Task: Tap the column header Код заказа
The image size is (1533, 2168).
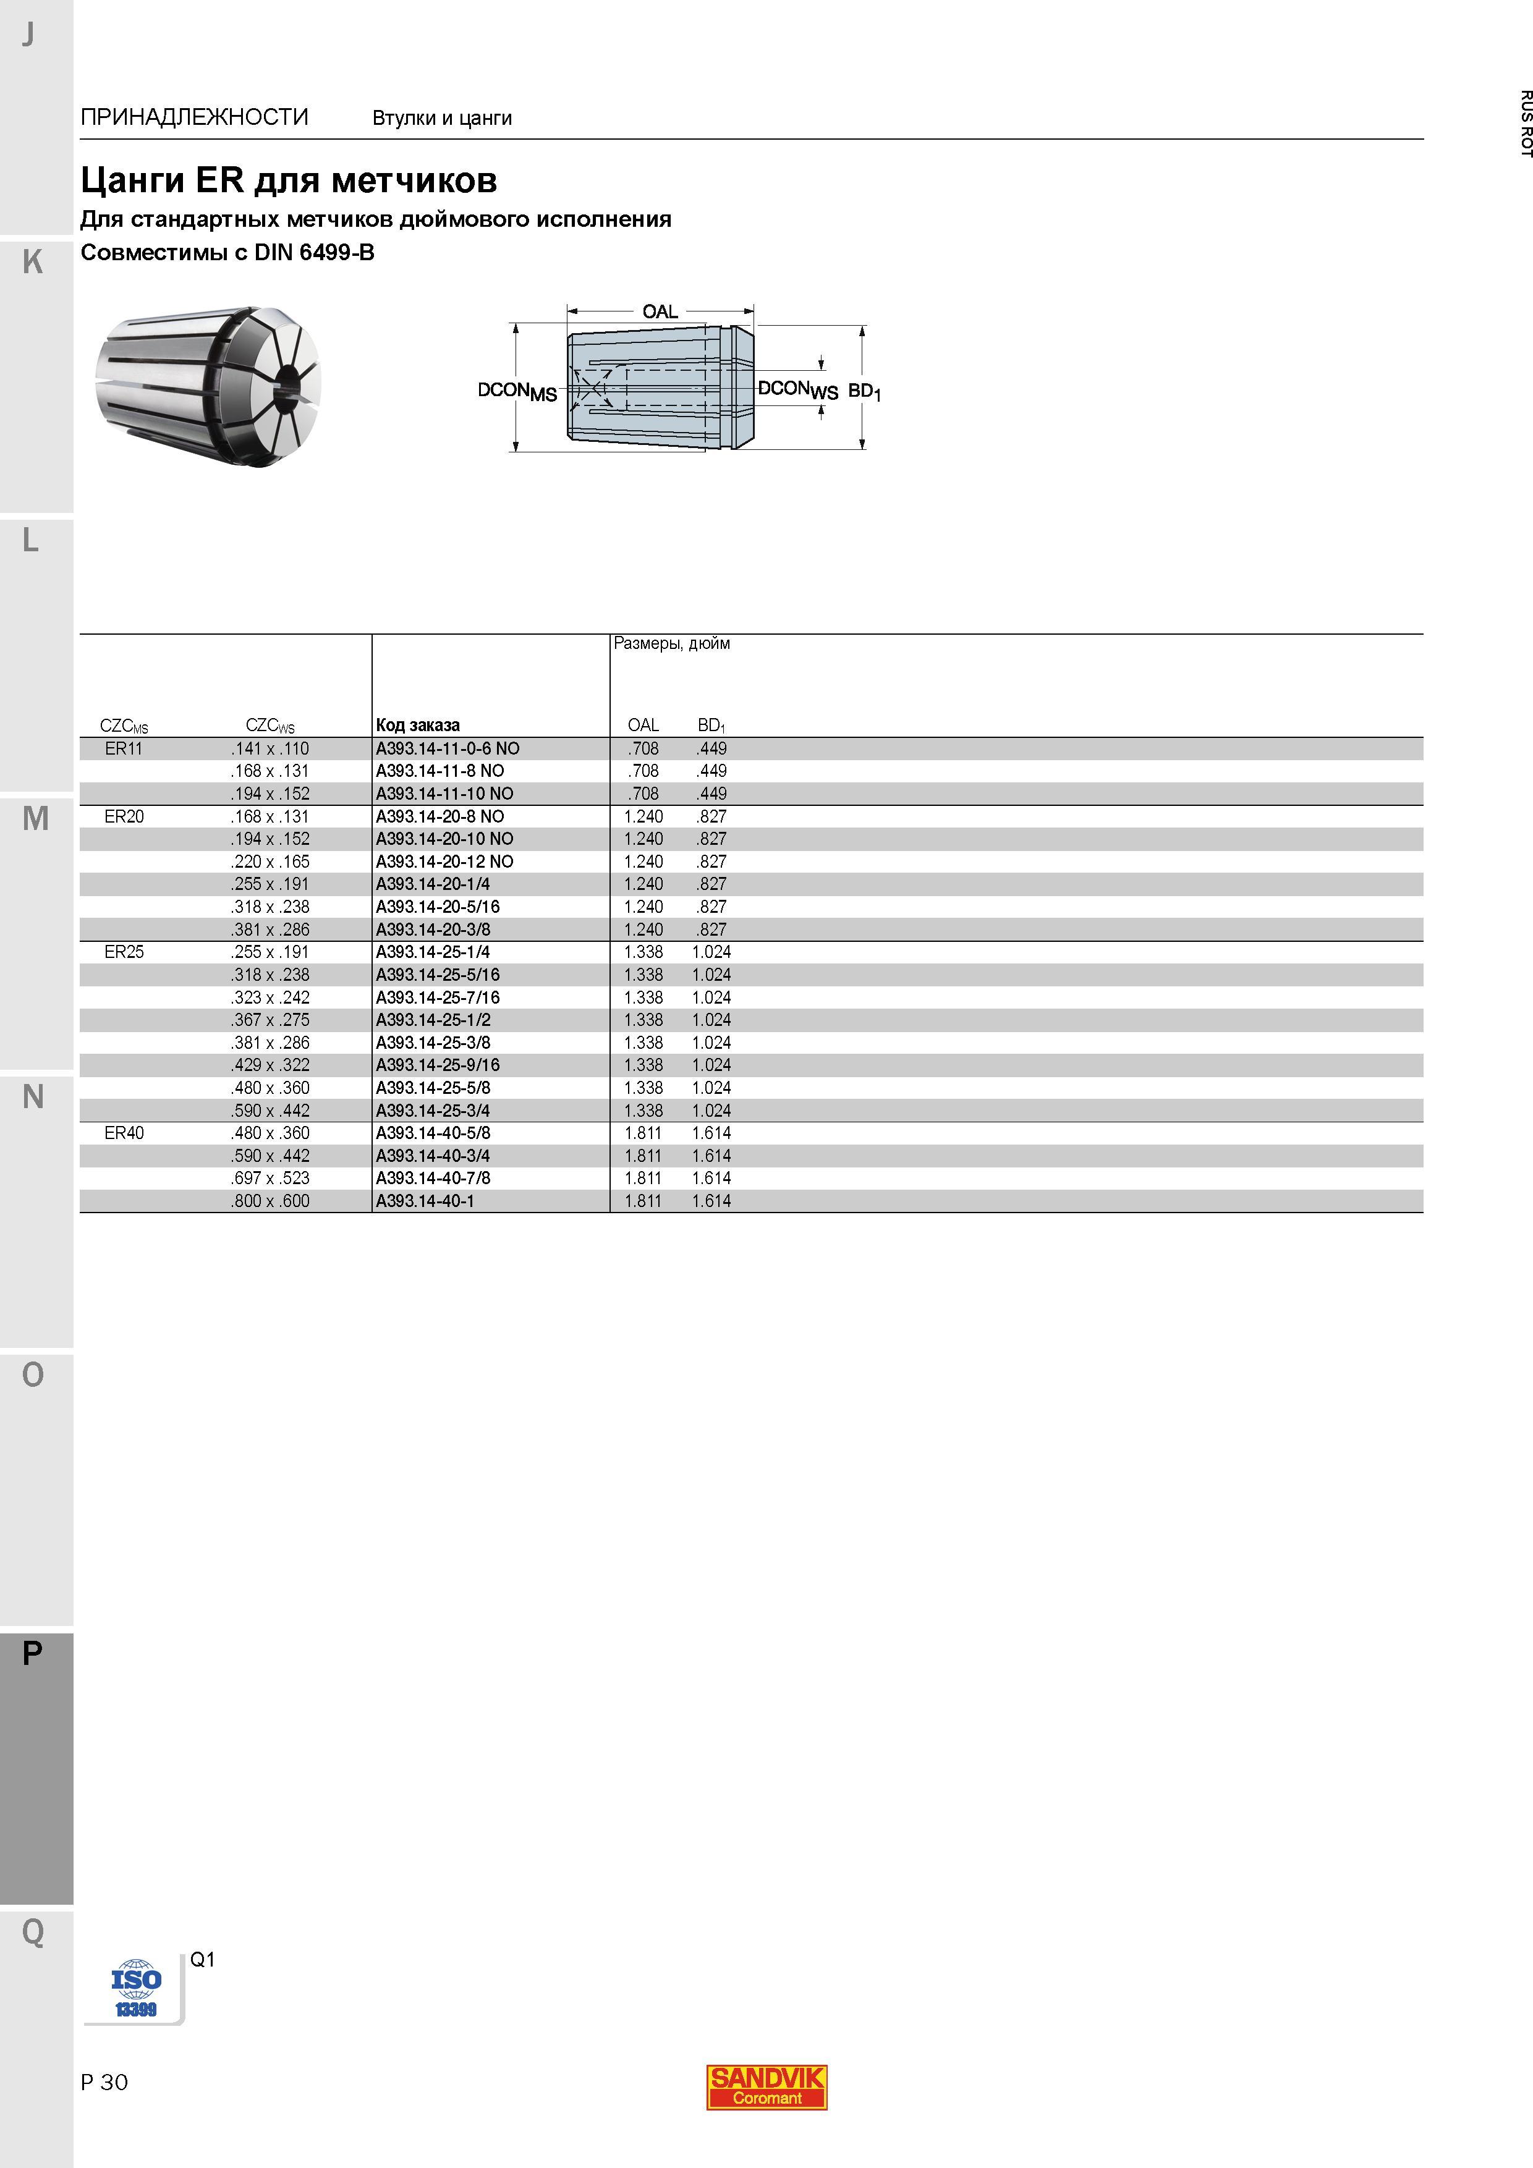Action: coord(417,725)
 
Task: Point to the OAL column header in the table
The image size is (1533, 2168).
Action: coord(643,725)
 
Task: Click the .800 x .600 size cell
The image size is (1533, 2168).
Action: coord(270,1201)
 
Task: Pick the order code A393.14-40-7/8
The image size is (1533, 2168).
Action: coord(433,1179)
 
